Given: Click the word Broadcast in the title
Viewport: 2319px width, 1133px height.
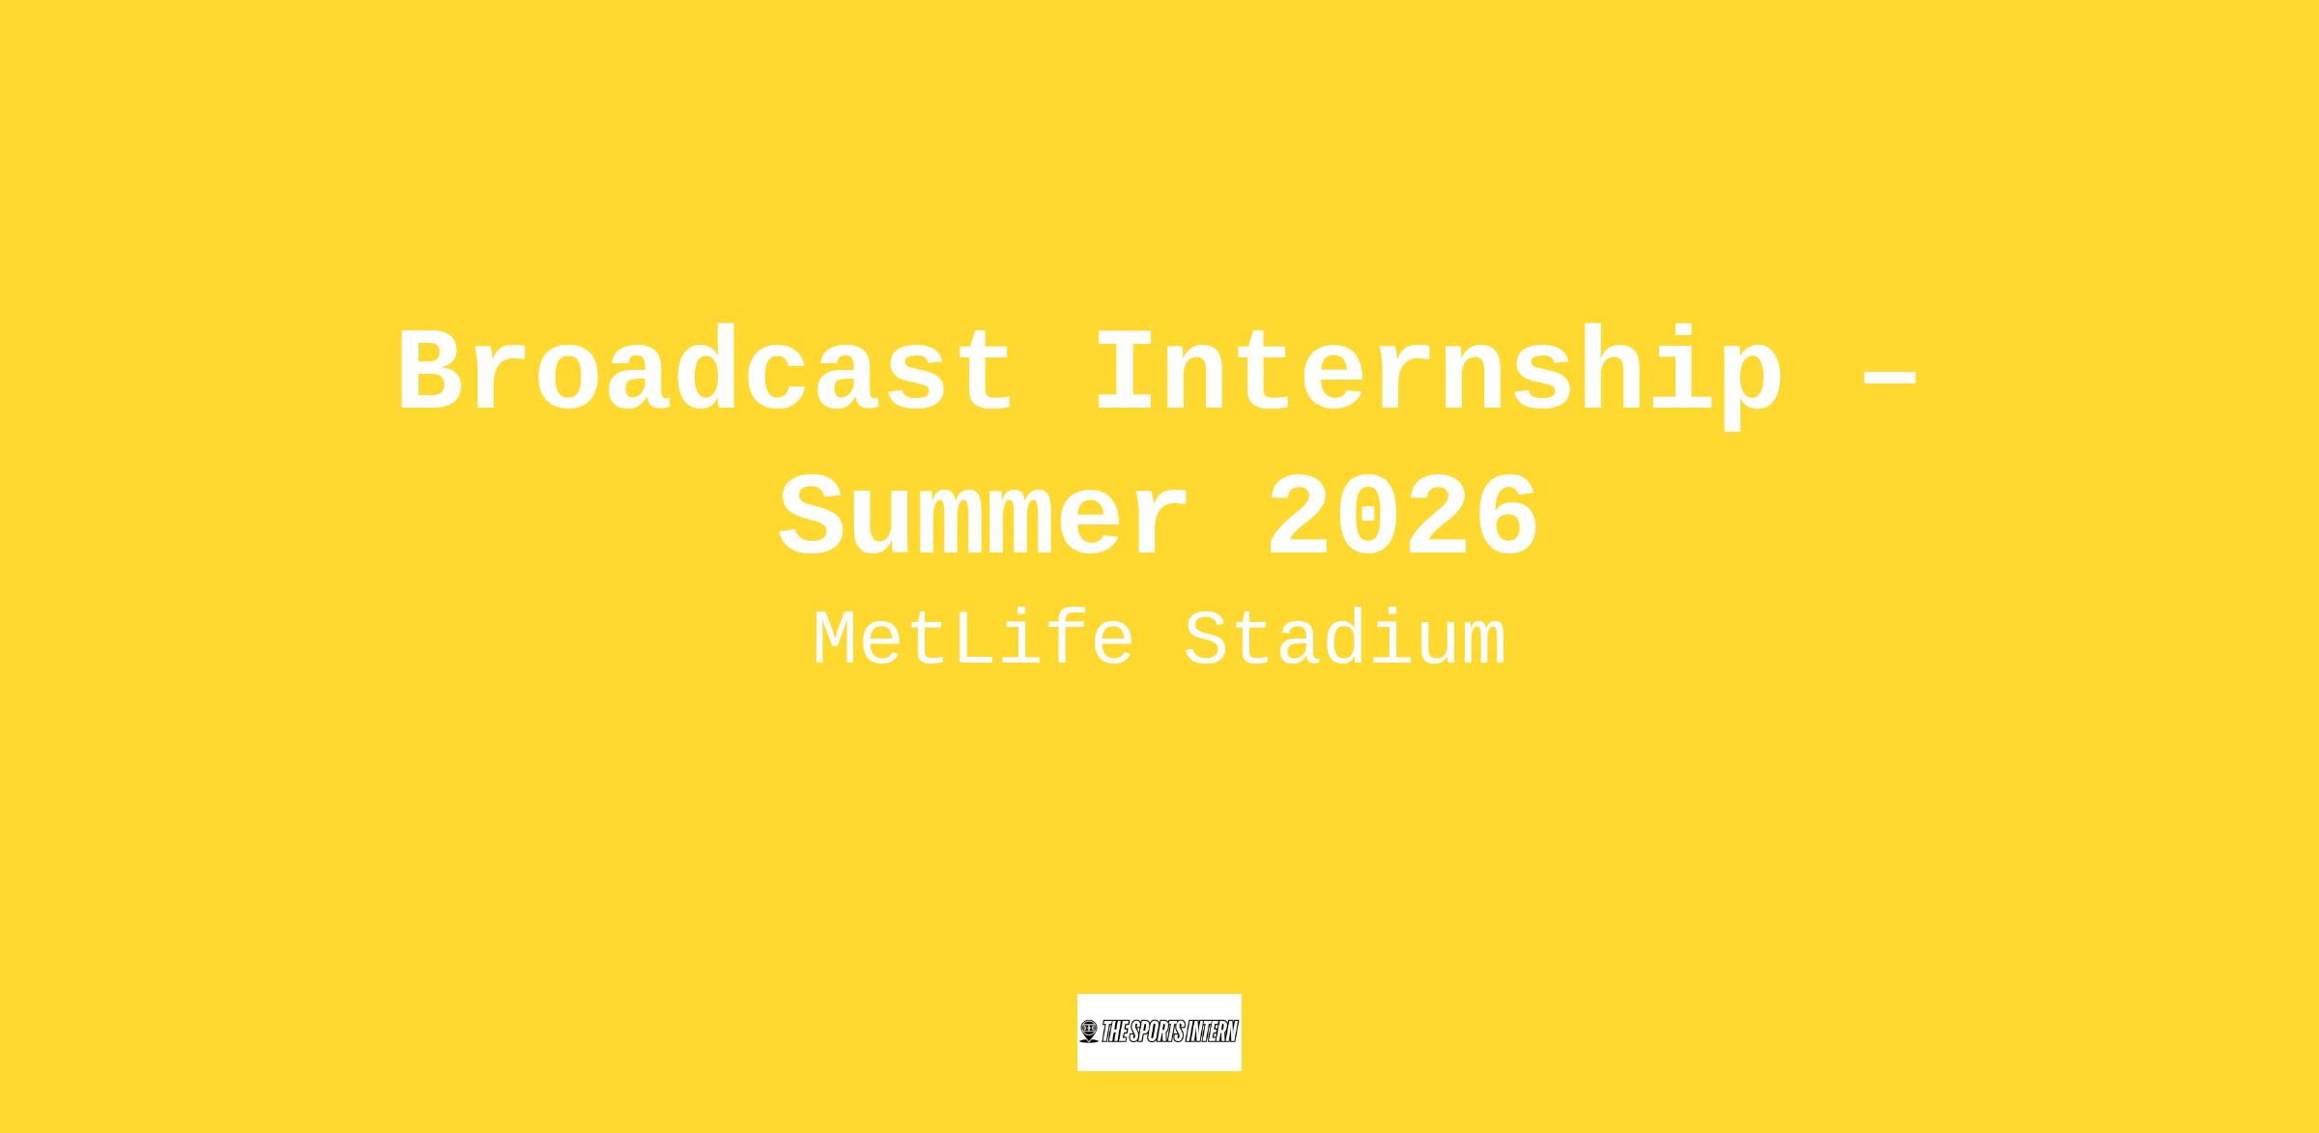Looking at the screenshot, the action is coord(705,372).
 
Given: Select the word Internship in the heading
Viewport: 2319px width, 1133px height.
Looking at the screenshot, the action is coord(1438,377).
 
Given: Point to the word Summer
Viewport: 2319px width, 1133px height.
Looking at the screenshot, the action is coord(984,517).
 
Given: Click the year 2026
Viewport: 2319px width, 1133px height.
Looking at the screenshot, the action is coord(1402,517).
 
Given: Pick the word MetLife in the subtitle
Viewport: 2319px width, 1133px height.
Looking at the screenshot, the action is coord(973,640).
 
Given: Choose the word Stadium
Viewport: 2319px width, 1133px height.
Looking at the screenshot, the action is coord(1345,640).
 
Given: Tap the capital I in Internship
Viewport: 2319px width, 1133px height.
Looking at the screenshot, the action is coord(1127,372).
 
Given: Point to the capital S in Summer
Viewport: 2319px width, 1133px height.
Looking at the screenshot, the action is coord(811,517).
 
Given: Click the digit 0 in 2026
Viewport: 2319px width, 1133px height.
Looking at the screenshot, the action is coord(1367,517).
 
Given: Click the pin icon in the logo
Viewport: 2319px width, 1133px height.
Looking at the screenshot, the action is coord(1089,1032).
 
